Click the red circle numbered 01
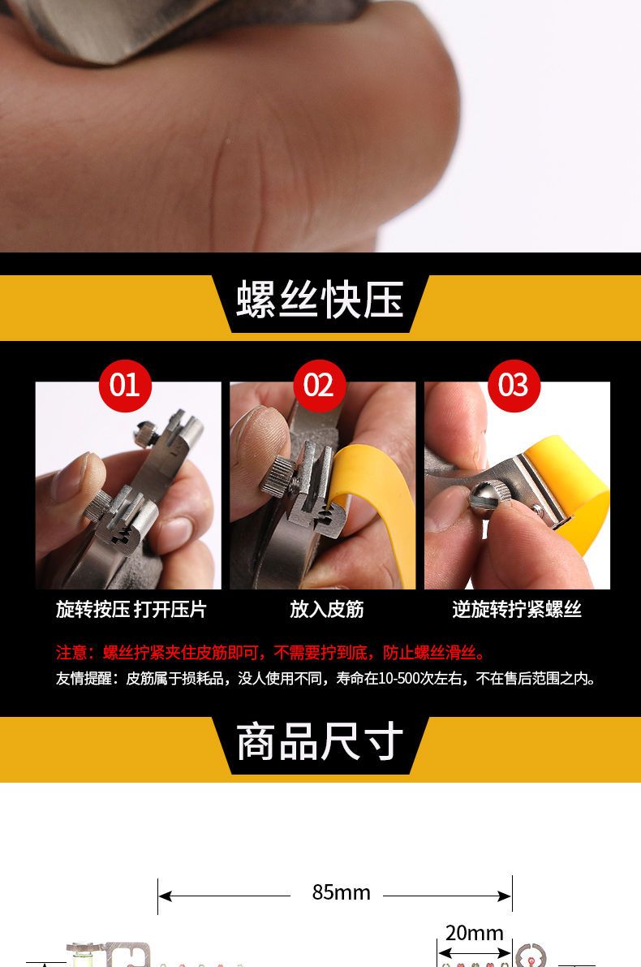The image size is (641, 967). pyautogui.click(x=124, y=386)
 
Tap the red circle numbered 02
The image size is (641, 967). pyautogui.click(x=319, y=386)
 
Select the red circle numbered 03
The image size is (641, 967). pyautogui.click(x=514, y=386)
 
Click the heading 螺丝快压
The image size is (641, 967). pyautogui.click(x=320, y=300)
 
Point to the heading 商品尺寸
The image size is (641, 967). pyautogui.click(x=320, y=742)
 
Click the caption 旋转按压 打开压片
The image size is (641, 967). pyautogui.click(x=131, y=609)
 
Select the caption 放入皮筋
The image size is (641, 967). pyautogui.click(x=327, y=609)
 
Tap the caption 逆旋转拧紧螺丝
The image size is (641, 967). pyautogui.click(x=517, y=609)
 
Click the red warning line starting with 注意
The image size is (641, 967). pyautogui.click(x=271, y=653)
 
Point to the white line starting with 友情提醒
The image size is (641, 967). pyautogui.click(x=326, y=679)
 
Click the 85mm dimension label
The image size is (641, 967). pyautogui.click(x=341, y=892)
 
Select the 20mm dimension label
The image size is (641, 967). pyautogui.click(x=474, y=933)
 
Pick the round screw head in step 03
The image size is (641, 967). pyautogui.click(x=488, y=498)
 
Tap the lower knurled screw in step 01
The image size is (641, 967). pyautogui.click(x=99, y=506)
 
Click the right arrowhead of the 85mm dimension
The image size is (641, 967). pyautogui.click(x=505, y=896)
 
